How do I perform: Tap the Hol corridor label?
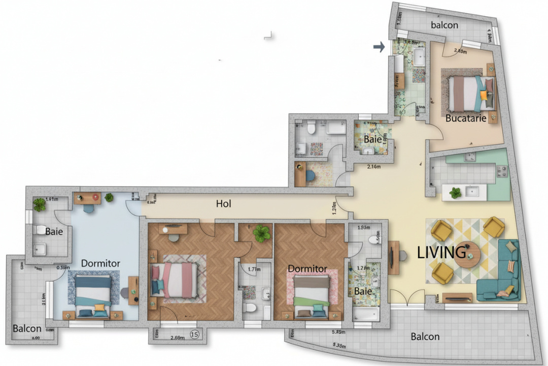(223, 204)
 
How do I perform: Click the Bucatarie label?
(466, 118)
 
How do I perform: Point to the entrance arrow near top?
(379, 47)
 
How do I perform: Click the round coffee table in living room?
(467, 255)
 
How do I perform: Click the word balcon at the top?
(444, 25)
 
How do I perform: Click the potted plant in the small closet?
(262, 233)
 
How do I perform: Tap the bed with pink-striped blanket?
(174, 280)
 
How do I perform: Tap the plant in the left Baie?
(39, 204)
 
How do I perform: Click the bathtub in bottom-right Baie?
(365, 313)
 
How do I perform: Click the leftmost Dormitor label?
(100, 263)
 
